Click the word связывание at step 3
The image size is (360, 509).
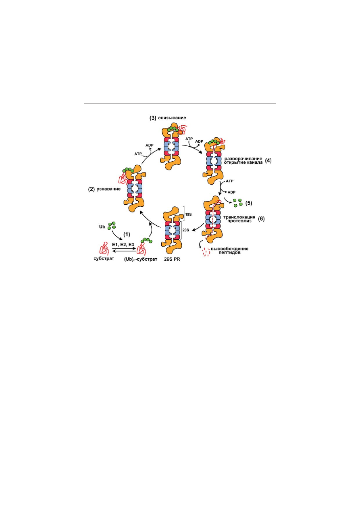pyautogui.click(x=172, y=118)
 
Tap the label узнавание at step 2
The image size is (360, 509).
pyautogui.click(x=108, y=189)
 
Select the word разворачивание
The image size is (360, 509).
pyautogui.click(x=243, y=159)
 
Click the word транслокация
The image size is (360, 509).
pyautogui.click(x=239, y=217)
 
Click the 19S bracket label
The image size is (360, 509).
pyautogui.click(x=188, y=214)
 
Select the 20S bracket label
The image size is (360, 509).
pyautogui.click(x=186, y=230)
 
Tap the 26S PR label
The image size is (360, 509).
pyautogui.click(x=172, y=259)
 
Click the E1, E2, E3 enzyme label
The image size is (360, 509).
pyautogui.click(x=123, y=245)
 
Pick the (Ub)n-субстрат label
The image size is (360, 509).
pyautogui.click(x=140, y=259)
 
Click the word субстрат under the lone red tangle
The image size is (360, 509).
pyautogui.click(x=104, y=259)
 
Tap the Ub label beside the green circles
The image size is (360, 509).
pyautogui.click(x=102, y=226)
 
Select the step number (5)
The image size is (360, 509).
pyautogui.click(x=249, y=203)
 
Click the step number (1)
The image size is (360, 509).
pyautogui.click(x=127, y=234)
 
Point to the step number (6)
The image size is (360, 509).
pyautogui.click(x=261, y=219)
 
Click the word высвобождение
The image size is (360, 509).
pyautogui.click(x=229, y=249)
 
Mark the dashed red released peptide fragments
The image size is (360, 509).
pyautogui.click(x=206, y=252)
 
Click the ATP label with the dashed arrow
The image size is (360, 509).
pyautogui.click(x=138, y=154)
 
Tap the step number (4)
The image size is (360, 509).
pyautogui.click(x=268, y=161)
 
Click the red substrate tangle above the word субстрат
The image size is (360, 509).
pyautogui.click(x=104, y=248)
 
